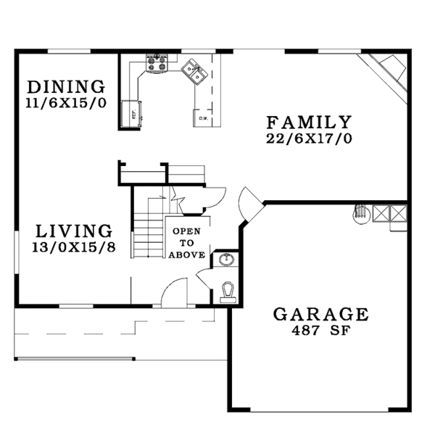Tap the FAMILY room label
(309, 122)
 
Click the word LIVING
(74, 231)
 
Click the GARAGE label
(320, 314)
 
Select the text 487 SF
(320, 330)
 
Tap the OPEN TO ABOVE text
(187, 243)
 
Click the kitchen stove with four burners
(156, 62)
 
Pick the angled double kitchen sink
(194, 70)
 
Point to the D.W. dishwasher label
(204, 117)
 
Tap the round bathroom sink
(225, 259)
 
